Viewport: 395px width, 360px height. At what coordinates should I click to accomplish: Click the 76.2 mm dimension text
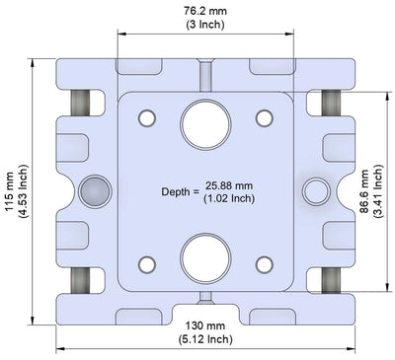tap(207, 10)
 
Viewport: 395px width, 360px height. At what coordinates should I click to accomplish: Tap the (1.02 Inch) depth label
tap(229, 198)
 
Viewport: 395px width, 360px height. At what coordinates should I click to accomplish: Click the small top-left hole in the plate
tap(147, 118)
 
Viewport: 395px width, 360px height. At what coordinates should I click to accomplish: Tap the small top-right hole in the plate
tap(264, 118)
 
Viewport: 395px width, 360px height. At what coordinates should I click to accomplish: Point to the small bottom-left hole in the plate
tap(147, 263)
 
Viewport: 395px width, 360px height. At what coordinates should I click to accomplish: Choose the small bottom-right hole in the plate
tap(264, 263)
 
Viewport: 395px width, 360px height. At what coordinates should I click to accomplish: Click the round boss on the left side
tap(96, 189)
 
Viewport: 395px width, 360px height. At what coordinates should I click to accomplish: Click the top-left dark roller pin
tap(80, 103)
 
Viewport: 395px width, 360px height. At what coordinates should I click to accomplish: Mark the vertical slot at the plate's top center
tap(205, 75)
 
